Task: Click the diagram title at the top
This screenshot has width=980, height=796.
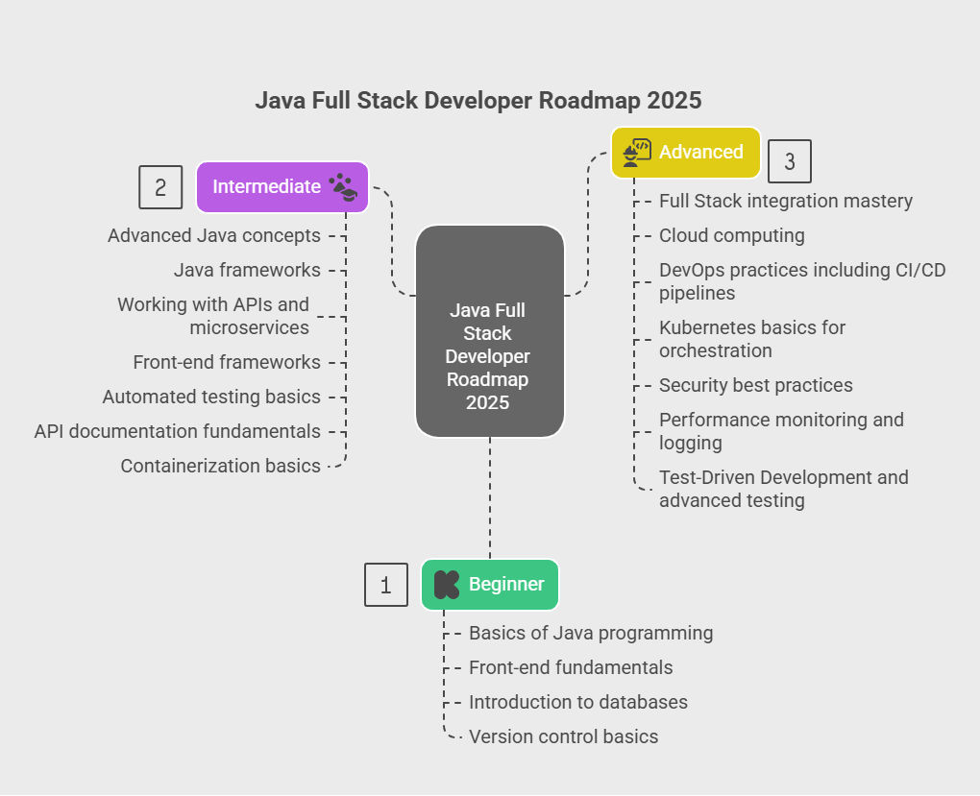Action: point(478,100)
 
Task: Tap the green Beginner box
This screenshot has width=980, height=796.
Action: point(490,584)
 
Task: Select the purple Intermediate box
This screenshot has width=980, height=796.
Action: point(282,187)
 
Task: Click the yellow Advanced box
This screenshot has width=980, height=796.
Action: point(686,153)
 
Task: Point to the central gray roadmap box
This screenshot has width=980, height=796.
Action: point(490,331)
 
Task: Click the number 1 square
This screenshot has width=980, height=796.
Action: point(386,585)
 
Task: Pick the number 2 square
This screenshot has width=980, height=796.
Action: point(160,187)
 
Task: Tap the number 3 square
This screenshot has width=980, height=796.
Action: point(790,161)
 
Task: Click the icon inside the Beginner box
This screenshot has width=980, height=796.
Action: point(446,585)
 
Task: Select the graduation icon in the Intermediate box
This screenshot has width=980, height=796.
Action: point(343,187)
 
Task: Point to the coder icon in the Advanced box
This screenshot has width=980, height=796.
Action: point(637,153)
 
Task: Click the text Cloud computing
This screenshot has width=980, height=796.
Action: point(732,235)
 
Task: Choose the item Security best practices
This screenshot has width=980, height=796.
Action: point(755,385)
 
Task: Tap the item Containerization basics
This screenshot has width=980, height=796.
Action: point(221,466)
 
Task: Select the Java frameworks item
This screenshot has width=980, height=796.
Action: point(247,270)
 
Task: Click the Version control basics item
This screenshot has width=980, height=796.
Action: point(564,736)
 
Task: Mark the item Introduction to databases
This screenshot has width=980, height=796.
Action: point(578,702)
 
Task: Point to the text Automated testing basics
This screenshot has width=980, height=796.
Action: point(211,397)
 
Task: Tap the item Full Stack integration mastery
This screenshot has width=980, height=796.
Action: point(786,202)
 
